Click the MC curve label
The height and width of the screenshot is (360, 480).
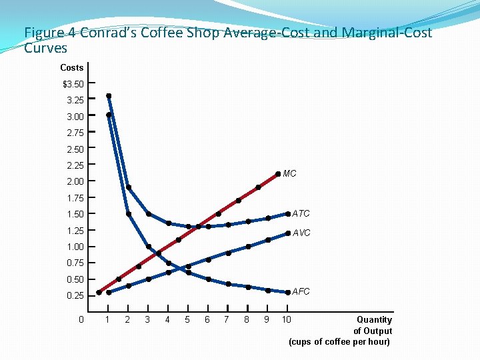click(x=289, y=173)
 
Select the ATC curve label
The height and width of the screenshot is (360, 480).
click(x=301, y=213)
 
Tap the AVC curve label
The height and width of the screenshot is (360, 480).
click(x=301, y=233)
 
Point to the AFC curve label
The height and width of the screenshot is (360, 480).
click(x=301, y=291)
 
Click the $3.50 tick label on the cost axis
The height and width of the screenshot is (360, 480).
click(x=73, y=84)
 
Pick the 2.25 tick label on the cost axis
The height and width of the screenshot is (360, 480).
click(x=75, y=165)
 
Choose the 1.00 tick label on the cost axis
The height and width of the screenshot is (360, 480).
click(x=75, y=247)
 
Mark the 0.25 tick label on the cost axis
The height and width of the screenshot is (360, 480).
click(x=75, y=295)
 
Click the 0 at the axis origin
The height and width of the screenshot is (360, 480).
click(x=81, y=319)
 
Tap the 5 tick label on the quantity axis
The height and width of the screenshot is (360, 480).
click(x=187, y=319)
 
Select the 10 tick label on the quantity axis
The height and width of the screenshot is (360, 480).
click(x=286, y=319)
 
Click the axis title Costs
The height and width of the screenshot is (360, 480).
click(x=72, y=67)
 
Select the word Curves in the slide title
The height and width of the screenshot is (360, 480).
click(x=45, y=48)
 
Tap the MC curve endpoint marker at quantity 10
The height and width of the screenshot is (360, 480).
click(x=278, y=173)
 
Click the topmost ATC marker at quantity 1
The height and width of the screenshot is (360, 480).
click(x=109, y=95)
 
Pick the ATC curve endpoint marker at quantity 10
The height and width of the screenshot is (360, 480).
click(x=288, y=214)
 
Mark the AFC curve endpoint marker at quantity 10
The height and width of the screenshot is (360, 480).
click(x=288, y=292)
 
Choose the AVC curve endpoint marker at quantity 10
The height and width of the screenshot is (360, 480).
click(x=288, y=233)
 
